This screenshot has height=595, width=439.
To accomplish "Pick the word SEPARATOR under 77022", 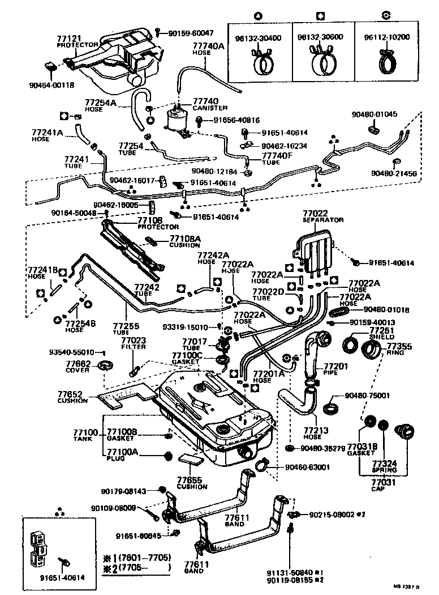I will (x=323, y=219).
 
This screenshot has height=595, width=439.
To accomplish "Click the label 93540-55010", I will (x=71, y=352).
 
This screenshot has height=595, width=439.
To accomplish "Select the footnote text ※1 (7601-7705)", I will (x=136, y=558).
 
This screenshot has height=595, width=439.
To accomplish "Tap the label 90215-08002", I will (x=332, y=515).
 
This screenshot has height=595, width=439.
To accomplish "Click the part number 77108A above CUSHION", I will (x=185, y=239).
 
